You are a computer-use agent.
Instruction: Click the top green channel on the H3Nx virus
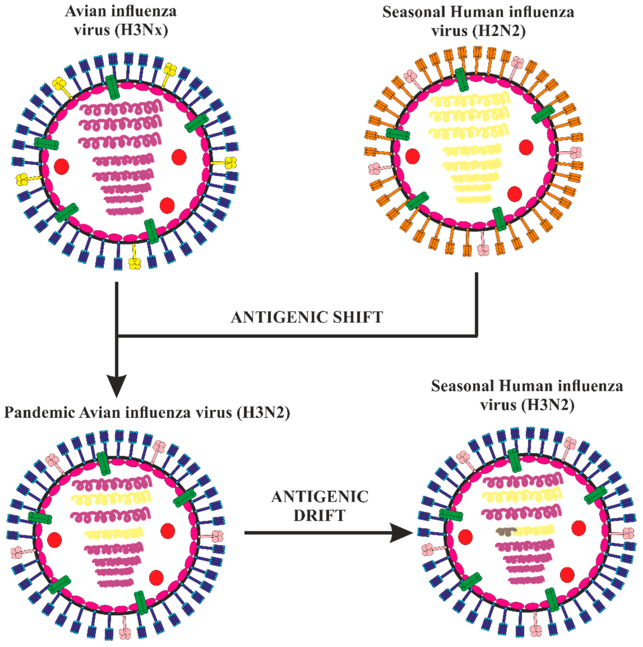(x=113, y=87)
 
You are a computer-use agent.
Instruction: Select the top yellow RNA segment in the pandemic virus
(x=111, y=499)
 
